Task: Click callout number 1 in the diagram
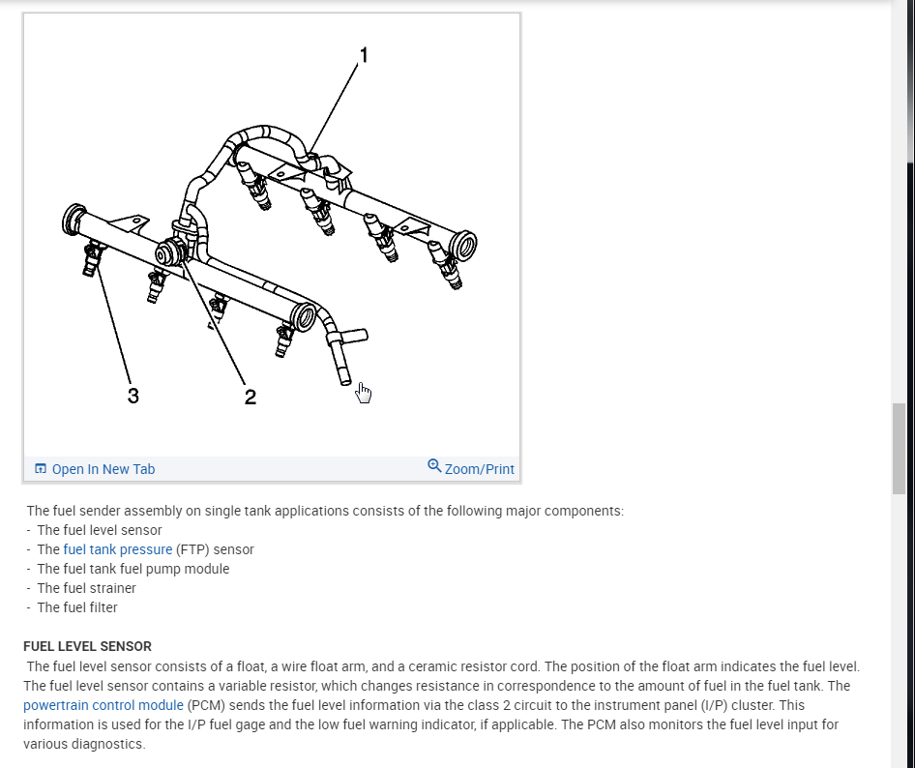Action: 364,56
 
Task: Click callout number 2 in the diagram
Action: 250,397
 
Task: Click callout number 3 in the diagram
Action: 133,395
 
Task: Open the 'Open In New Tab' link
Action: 103,469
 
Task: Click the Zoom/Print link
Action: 479,469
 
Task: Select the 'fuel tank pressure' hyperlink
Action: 117,549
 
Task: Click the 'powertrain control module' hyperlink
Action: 103,705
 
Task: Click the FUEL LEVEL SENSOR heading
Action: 87,646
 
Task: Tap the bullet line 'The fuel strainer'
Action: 86,588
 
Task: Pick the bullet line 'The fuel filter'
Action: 77,607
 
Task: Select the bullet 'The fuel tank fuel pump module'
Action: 133,569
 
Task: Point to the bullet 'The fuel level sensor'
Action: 100,530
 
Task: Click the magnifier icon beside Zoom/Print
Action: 434,466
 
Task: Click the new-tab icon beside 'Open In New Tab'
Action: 41,469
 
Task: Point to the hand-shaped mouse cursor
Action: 364,392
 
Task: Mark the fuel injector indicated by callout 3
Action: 94,258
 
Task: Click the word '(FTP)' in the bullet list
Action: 192,549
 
